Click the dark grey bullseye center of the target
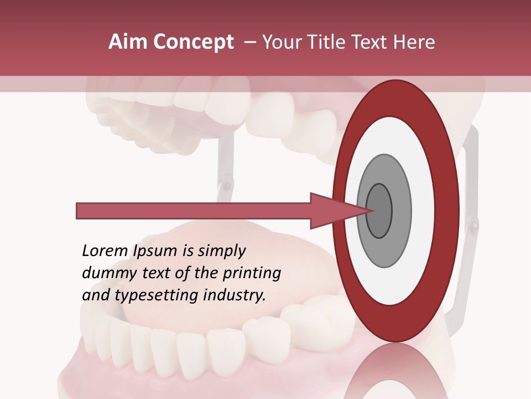pos(379,211)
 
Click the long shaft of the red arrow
pos(194,211)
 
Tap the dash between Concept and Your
pos(250,42)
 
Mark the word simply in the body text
pos(221,252)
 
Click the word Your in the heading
pos(282,42)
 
